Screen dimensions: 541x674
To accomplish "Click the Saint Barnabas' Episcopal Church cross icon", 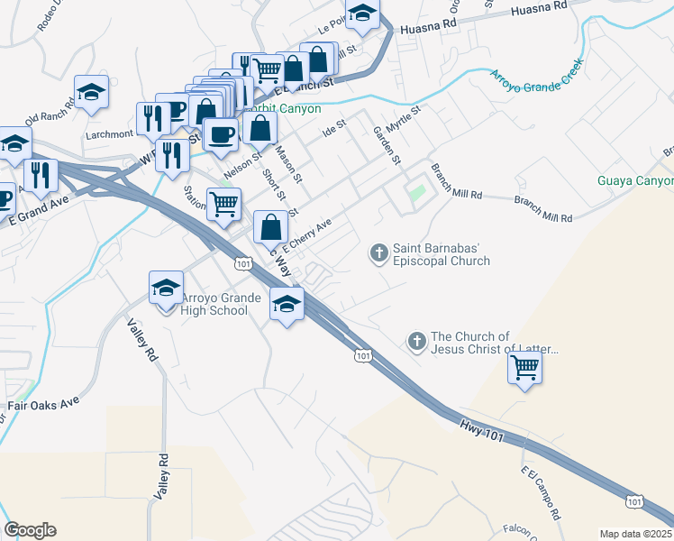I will pos(379,252).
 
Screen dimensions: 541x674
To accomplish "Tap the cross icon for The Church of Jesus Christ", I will pos(416,341).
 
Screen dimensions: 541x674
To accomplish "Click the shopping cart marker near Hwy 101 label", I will pos(525,367).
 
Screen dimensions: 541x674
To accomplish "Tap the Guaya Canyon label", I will pos(635,181).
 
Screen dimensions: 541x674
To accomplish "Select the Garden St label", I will pos(387,145).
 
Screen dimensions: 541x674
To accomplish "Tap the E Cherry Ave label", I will pos(309,234).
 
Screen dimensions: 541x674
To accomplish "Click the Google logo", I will pos(30,530).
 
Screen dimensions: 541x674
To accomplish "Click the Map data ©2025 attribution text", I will pos(635,534).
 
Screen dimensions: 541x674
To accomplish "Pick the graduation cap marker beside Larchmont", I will pos(91,92).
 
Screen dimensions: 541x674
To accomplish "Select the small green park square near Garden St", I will pos(415,192).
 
